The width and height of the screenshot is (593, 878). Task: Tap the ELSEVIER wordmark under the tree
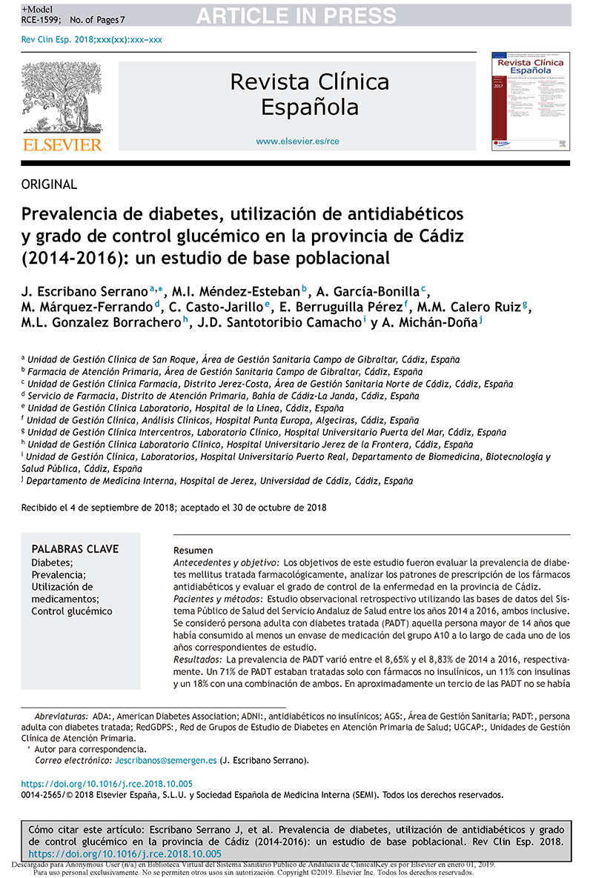click(x=62, y=144)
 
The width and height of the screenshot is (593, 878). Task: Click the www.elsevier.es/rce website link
click(x=297, y=141)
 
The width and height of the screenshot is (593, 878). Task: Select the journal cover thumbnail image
click(x=531, y=101)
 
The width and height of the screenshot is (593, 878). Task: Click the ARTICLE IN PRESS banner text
click(x=296, y=16)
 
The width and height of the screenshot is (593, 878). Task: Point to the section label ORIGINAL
click(x=49, y=184)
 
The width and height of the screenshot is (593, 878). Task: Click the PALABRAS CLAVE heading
click(x=75, y=549)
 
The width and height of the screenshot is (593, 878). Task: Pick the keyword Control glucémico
click(x=72, y=611)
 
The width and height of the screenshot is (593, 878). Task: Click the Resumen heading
click(x=193, y=551)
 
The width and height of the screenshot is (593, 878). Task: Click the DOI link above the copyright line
click(x=107, y=783)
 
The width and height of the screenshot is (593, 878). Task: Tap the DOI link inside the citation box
click(x=125, y=854)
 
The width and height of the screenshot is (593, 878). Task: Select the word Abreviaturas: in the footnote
click(x=62, y=717)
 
